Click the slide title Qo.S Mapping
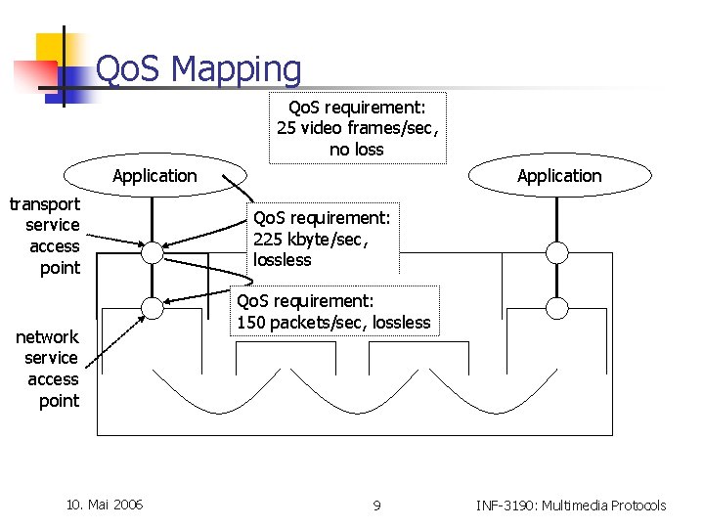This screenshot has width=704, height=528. click(x=198, y=69)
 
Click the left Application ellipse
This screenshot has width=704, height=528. click(x=154, y=176)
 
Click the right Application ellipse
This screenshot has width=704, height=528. click(x=559, y=176)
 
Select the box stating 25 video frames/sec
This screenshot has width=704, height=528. click(x=357, y=128)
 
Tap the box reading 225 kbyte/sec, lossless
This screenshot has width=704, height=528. click(x=322, y=239)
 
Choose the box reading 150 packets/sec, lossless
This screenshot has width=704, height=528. click(x=333, y=312)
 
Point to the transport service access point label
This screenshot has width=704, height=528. click(x=45, y=236)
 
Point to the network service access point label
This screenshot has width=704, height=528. click(x=48, y=369)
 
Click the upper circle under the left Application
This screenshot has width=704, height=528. click(x=152, y=253)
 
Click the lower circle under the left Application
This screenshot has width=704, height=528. click(x=152, y=308)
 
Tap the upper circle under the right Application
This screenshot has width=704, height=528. click(x=556, y=253)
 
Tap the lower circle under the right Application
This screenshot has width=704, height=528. click(x=556, y=308)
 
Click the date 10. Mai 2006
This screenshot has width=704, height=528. click(x=104, y=505)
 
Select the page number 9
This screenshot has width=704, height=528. click(x=376, y=506)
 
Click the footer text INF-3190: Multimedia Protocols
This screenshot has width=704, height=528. click(x=571, y=506)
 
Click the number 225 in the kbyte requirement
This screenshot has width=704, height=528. click(x=268, y=239)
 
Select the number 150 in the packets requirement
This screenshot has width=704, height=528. click(x=252, y=323)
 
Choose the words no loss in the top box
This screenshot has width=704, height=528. click(x=356, y=150)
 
